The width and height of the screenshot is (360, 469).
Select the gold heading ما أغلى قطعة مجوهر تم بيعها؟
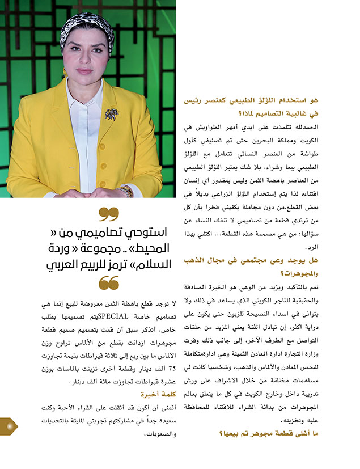[x=291, y=434]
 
